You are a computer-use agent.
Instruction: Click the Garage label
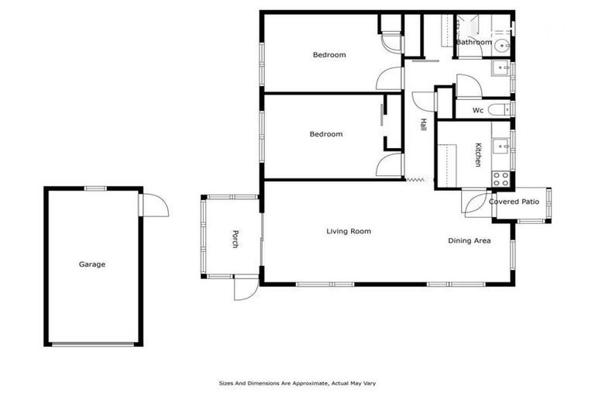pyautogui.click(x=91, y=264)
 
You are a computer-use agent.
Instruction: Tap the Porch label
pyautogui.click(x=235, y=240)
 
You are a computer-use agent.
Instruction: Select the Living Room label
pyautogui.click(x=348, y=231)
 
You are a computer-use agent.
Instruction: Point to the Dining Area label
pyautogui.click(x=469, y=240)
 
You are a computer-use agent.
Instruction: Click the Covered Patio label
pyautogui.click(x=514, y=202)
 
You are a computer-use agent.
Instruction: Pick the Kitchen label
pyautogui.click(x=478, y=154)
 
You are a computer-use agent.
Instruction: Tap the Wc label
pyautogui.click(x=478, y=110)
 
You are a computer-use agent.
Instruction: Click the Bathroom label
pyautogui.click(x=473, y=42)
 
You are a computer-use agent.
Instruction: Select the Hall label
pyautogui.click(x=423, y=124)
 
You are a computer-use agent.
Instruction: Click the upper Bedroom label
pyautogui.click(x=329, y=55)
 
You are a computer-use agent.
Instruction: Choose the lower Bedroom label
pyautogui.click(x=326, y=134)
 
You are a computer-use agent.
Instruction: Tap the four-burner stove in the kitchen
pyautogui.click(x=501, y=179)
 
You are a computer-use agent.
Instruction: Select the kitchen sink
pyautogui.click(x=501, y=143)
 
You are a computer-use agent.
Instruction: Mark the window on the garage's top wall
pyautogui.click(x=95, y=188)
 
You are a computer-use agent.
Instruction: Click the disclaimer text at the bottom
pyautogui.click(x=297, y=383)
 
